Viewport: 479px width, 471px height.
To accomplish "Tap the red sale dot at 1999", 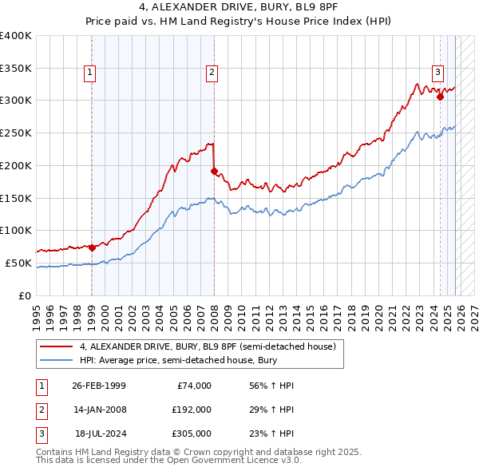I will (92, 247).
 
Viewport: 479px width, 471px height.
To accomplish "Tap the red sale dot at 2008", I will (214, 171).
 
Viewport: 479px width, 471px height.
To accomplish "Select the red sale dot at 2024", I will (440, 97).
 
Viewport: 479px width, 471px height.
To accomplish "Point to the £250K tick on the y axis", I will (16, 133).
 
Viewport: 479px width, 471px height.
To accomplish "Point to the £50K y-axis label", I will (18, 263).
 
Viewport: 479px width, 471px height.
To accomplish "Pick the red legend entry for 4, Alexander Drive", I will (212, 347).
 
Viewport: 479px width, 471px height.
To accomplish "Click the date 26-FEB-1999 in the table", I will (98, 386).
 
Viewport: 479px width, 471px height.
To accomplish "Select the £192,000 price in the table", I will (192, 410).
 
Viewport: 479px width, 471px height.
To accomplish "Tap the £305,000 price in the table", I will (192, 433).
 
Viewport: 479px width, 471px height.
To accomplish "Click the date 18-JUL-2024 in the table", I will (98, 433).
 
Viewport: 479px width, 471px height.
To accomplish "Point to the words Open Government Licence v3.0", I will (239, 461).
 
